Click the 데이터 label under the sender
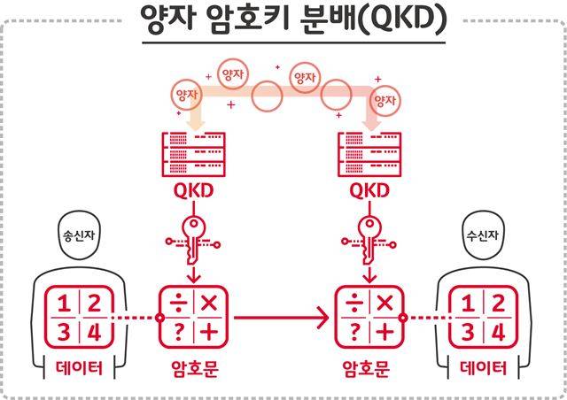point(78,369)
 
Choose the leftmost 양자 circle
point(185,92)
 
